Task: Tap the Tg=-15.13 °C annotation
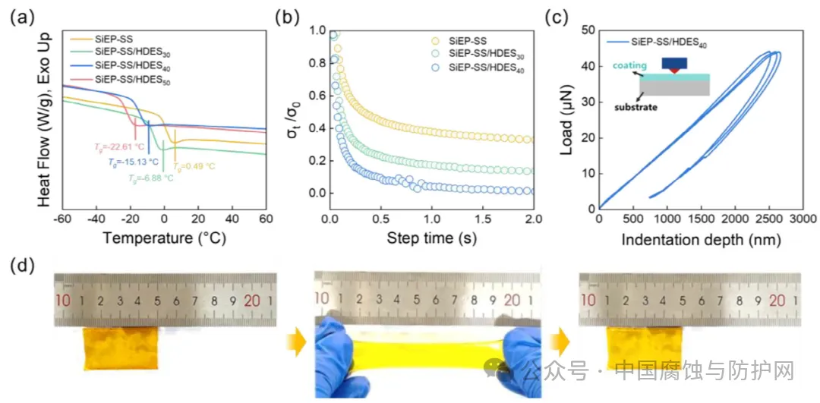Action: coord(133,162)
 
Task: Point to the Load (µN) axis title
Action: coord(566,119)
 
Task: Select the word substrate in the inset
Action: coord(636,108)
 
